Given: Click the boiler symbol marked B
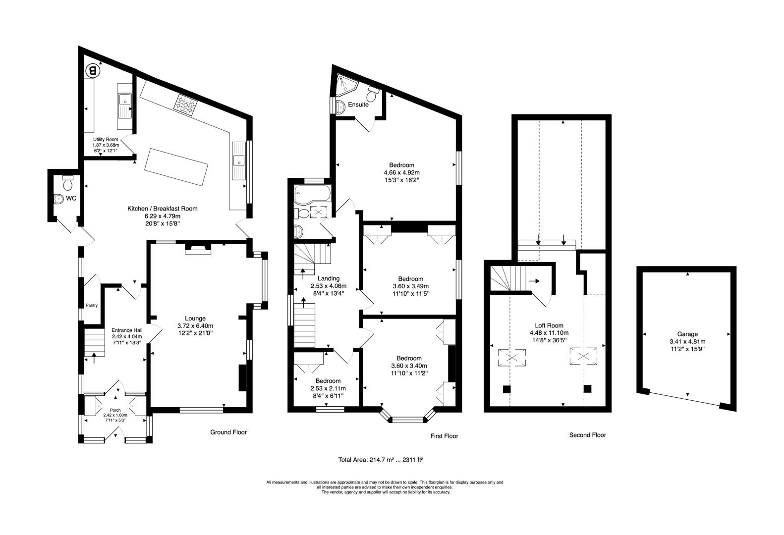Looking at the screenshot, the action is click(x=93, y=71).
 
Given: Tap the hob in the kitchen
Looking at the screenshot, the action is click(x=185, y=104).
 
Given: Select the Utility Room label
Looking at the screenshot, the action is click(x=106, y=139).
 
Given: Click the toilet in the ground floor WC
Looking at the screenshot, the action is click(x=67, y=182).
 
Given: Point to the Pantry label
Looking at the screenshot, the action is click(x=92, y=305).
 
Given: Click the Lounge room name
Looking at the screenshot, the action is click(x=195, y=319).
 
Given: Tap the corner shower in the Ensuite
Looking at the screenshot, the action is click(x=347, y=85).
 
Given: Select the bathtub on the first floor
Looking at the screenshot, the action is click(x=312, y=194).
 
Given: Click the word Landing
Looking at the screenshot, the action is click(x=328, y=278).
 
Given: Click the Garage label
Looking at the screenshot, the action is click(x=687, y=334).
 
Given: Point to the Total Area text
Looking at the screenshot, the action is click(x=381, y=459).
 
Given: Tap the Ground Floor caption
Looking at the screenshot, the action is click(x=228, y=432).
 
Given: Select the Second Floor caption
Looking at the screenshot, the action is click(x=588, y=435).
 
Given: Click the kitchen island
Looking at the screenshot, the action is click(x=176, y=167).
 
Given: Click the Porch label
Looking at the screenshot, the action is click(x=115, y=410).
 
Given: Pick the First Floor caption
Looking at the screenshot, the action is click(x=444, y=436).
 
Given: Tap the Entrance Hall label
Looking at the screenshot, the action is click(x=127, y=330).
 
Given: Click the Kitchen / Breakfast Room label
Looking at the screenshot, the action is click(x=163, y=209).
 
